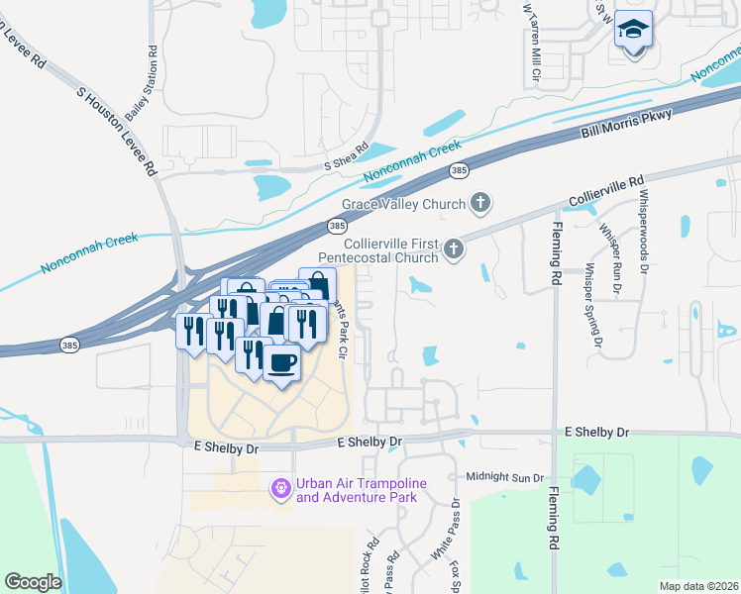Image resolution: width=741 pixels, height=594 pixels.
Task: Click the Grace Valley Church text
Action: [403, 205]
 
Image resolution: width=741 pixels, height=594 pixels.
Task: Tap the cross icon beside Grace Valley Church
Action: [480, 204]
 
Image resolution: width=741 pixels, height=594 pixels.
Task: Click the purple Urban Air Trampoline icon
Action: [281, 487]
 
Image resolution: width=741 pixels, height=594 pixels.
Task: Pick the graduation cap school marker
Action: [632, 31]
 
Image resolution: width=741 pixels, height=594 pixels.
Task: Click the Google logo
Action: [33, 582]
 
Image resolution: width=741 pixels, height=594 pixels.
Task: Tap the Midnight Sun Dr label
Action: [505, 477]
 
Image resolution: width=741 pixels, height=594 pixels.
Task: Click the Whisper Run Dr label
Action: [611, 259]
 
